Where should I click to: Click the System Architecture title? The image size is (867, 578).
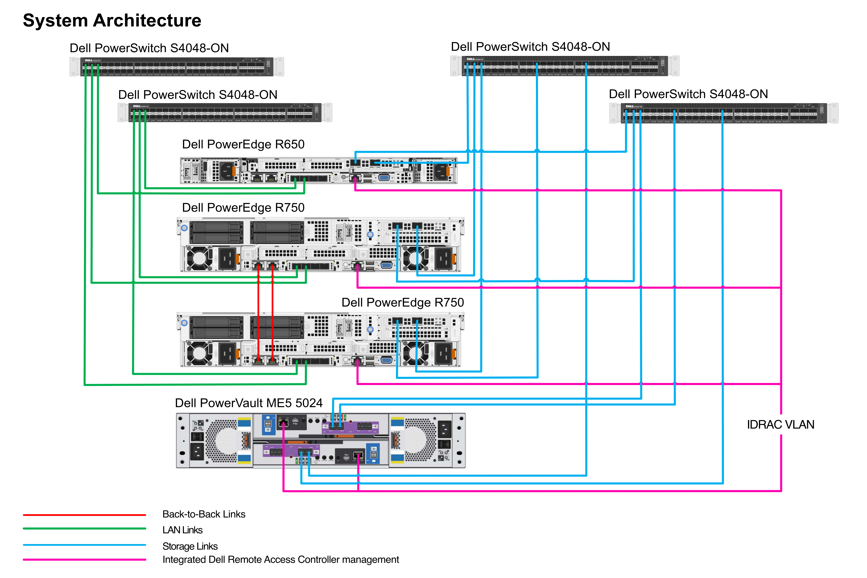pos(112,20)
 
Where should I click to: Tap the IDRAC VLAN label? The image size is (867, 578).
pos(780,425)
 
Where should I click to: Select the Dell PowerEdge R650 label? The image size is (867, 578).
pos(243,144)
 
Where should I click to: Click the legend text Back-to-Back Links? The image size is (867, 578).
pos(204,514)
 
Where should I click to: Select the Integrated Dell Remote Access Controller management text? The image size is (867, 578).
pos(280,560)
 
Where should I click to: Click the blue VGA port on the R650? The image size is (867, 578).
pos(384,178)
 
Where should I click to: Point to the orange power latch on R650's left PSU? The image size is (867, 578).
pos(234,171)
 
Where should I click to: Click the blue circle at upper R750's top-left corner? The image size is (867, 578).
pos(184,228)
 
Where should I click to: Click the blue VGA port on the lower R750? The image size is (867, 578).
pos(386,360)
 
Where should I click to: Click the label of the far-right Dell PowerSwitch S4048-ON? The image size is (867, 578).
pos(688,94)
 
